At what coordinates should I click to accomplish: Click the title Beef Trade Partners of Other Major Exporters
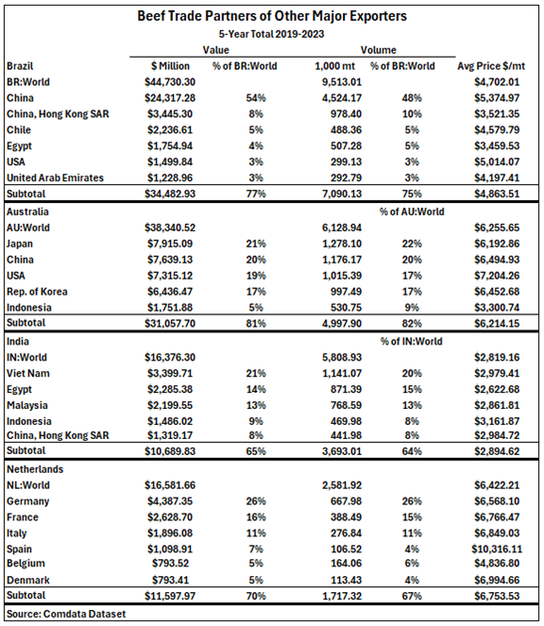[273, 16]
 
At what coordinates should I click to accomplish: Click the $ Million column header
[171, 66]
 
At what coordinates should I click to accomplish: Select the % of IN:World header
[404, 340]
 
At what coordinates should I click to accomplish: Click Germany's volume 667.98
[339, 501]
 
